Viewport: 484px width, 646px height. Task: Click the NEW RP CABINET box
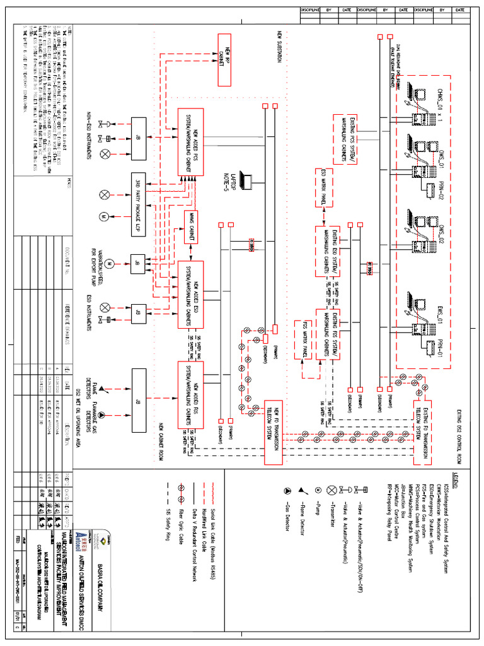224,61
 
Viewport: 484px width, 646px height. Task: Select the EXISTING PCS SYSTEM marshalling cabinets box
344,139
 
